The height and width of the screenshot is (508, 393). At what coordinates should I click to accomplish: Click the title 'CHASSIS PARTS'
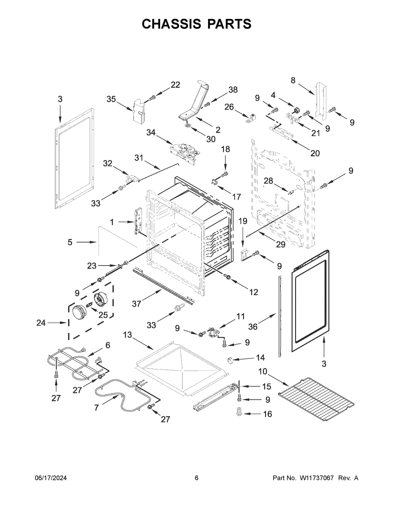(196, 24)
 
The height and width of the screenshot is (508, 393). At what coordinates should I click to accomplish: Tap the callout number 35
(111, 99)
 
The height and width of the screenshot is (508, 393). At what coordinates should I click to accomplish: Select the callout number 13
(127, 335)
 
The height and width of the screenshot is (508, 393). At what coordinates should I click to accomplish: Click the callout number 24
(41, 323)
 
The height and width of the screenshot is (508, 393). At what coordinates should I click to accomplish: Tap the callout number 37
(136, 304)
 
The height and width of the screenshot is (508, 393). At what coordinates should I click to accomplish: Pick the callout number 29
(281, 244)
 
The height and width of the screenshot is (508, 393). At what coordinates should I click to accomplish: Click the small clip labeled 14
(230, 360)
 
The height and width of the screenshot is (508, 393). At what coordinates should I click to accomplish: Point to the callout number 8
(293, 80)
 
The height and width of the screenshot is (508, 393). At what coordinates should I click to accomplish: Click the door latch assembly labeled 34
(185, 151)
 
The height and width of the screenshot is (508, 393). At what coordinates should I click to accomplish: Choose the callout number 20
(315, 153)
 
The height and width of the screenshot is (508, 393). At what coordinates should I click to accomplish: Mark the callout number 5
(70, 242)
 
